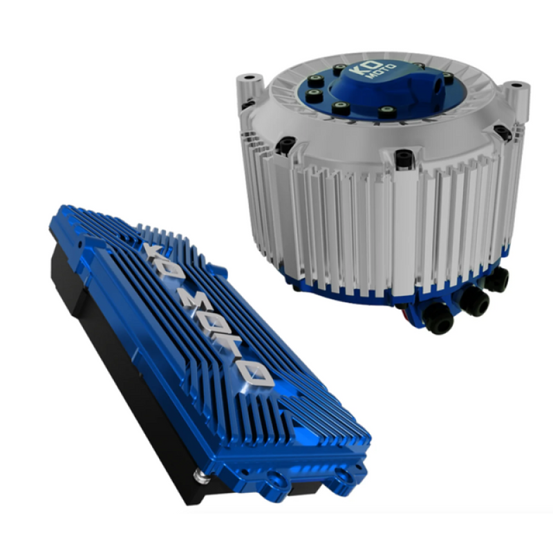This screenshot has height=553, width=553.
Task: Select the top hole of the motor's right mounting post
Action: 517,86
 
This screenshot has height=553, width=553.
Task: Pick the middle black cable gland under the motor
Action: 474,301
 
